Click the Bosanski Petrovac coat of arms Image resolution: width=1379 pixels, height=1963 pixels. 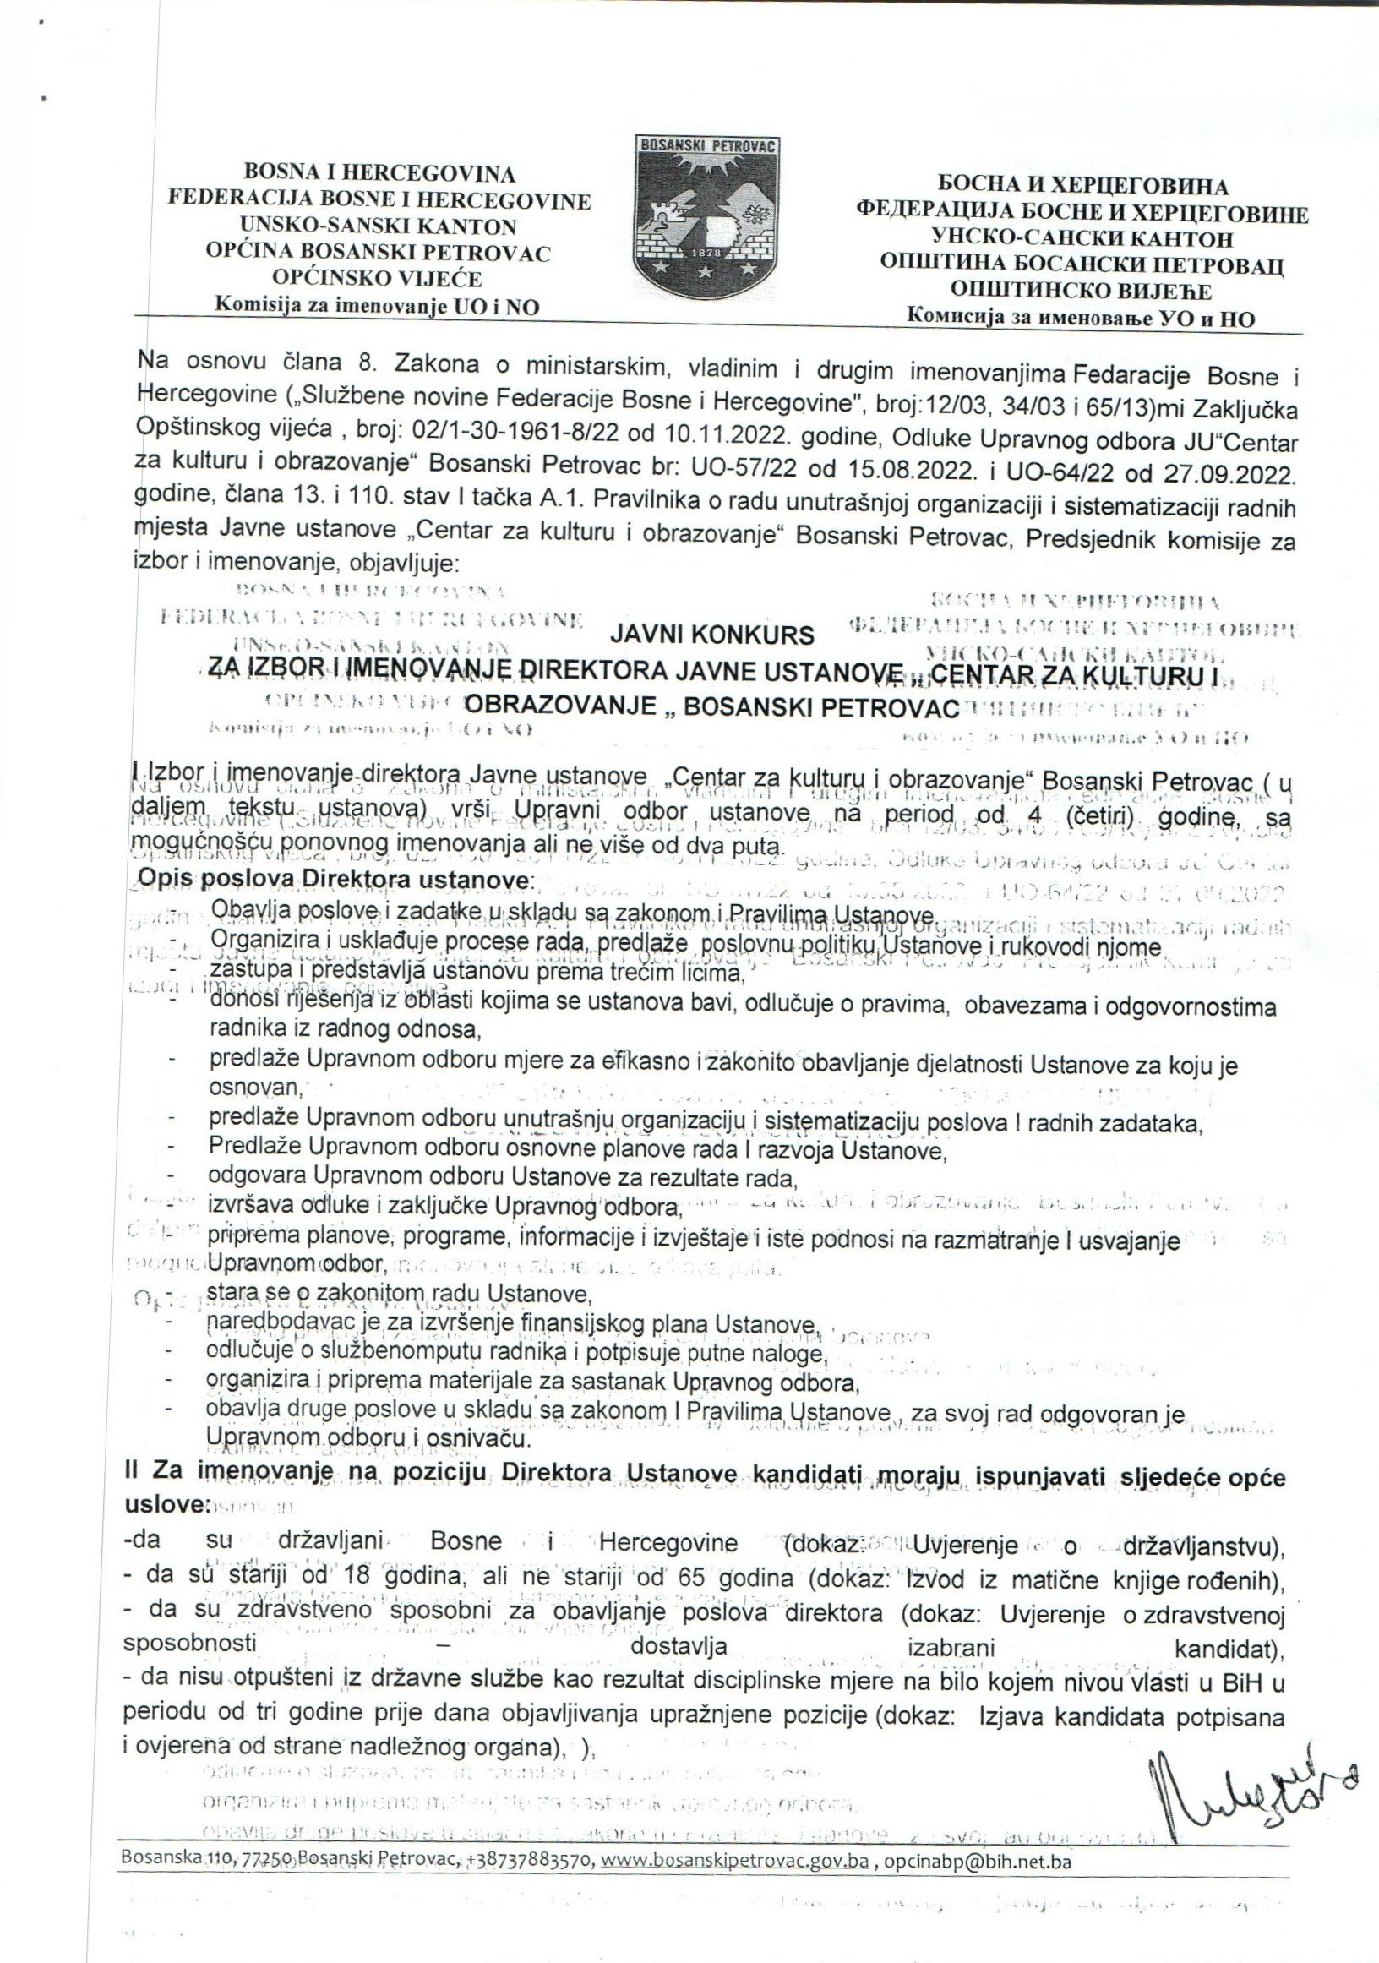point(706,211)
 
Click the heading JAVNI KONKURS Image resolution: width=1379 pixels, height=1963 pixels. point(712,636)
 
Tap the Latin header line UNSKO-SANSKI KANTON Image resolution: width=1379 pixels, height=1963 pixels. point(379,226)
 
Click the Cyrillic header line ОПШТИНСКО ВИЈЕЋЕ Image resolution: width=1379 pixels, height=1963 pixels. point(1081,291)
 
